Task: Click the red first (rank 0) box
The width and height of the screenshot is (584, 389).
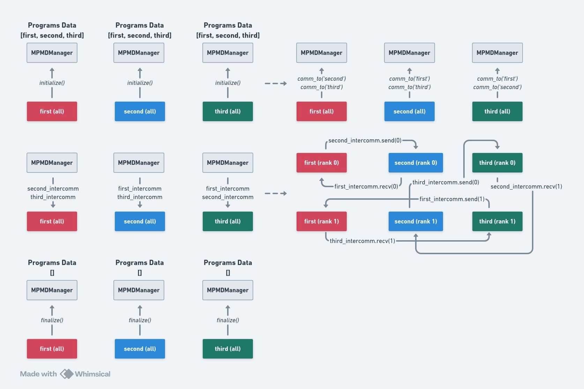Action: (321, 162)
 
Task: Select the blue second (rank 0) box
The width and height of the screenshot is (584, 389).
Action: (415, 162)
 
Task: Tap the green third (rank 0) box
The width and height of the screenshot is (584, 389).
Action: (497, 162)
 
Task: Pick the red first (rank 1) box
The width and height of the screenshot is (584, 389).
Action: (321, 221)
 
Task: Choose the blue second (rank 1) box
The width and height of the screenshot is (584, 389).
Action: (415, 221)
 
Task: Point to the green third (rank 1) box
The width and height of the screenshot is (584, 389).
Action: (497, 221)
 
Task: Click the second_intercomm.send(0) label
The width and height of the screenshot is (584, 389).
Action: (365, 140)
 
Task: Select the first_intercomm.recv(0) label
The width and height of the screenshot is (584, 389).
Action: (366, 186)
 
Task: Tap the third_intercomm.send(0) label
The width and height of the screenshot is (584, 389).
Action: (446, 182)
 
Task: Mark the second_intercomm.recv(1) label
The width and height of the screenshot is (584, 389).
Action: (526, 186)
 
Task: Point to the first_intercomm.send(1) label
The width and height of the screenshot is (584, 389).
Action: (452, 199)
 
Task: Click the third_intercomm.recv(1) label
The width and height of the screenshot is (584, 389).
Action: (362, 241)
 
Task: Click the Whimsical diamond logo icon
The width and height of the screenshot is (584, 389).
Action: (67, 374)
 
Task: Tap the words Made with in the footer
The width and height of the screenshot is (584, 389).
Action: (38, 374)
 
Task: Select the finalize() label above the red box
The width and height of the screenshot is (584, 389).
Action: (52, 320)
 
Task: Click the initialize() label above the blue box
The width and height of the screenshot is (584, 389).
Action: (140, 83)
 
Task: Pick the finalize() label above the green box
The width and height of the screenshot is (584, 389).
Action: (227, 320)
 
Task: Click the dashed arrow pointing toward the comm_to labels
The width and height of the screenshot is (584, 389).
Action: (276, 83)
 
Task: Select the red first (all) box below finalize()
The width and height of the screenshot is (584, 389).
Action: (52, 348)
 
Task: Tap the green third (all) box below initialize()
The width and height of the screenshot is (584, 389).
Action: (227, 111)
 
